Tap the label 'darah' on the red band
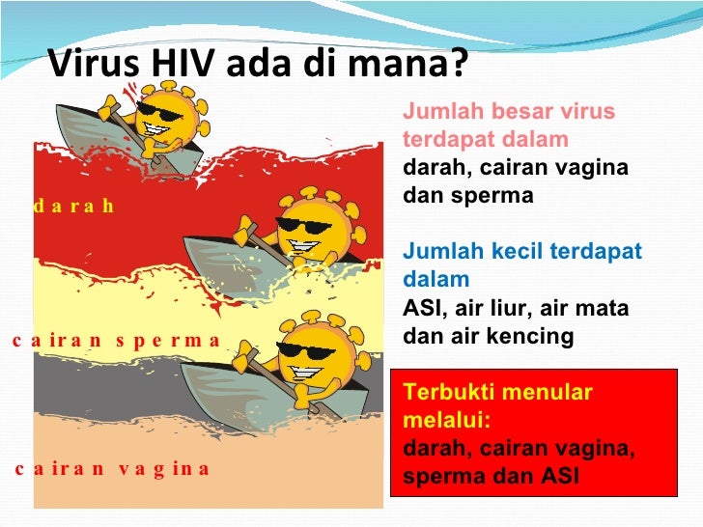[73, 206]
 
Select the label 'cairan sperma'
[117, 340]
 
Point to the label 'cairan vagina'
[111, 469]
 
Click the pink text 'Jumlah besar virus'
[509, 111]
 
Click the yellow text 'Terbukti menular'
[497, 393]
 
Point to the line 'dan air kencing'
[488, 337]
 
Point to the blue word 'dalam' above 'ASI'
[436, 280]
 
